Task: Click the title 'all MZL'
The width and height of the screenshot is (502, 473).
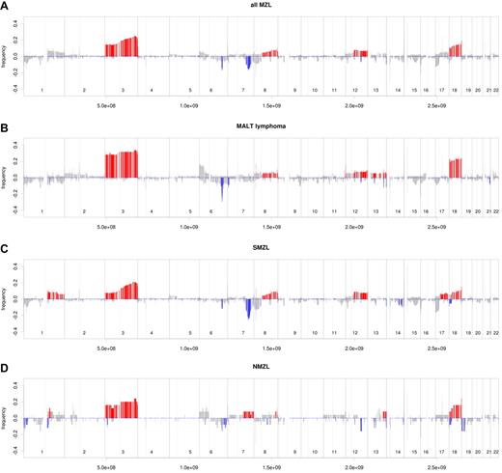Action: coord(259,8)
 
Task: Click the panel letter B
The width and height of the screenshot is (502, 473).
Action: coord(5,127)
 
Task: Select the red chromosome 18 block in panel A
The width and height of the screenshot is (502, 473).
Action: coord(456,48)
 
